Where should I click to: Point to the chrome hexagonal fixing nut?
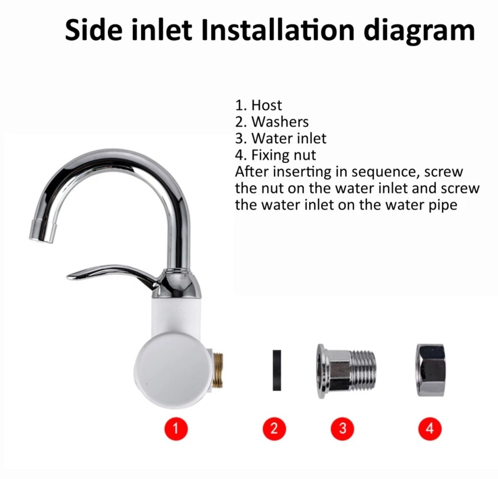(430, 370)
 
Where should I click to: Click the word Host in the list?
(266, 105)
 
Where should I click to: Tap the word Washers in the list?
(280, 122)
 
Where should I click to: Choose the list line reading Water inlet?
(281, 138)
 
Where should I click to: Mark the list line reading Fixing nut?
(275, 155)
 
